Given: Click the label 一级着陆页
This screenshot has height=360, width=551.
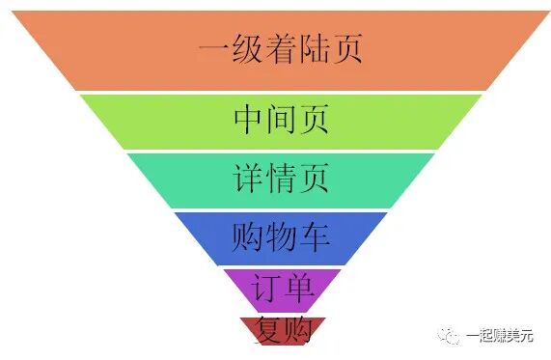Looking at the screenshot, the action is [280, 47].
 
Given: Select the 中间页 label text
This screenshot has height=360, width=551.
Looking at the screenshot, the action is [281, 120].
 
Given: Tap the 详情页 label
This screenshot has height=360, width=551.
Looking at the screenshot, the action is [281, 178].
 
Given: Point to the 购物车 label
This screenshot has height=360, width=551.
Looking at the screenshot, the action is [281, 235].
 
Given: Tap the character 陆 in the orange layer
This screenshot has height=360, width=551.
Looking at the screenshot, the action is [314, 47].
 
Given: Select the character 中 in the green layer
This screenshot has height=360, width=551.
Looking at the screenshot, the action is [248, 120].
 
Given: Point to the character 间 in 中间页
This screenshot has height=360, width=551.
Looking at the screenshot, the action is [281, 120].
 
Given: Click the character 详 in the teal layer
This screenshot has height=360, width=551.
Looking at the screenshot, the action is [248, 178].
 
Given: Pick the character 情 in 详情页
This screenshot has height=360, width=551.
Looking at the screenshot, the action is [281, 178].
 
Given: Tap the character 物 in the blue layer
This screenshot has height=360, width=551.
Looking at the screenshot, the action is [281, 235].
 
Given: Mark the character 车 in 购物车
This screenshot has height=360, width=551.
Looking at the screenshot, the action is [314, 235].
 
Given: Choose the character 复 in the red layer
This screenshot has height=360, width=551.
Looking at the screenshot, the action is [265, 331].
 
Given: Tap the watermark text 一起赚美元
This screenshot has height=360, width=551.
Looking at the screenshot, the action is [502, 334].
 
